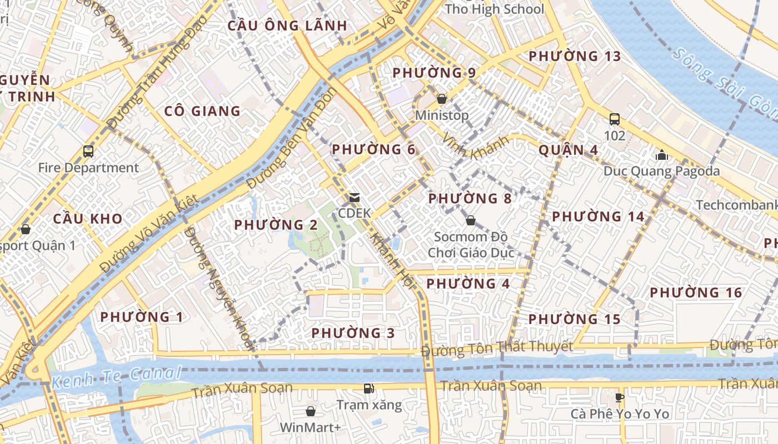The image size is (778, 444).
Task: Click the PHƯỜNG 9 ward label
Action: click(434, 73)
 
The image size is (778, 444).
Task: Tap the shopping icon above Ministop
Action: click(442, 99)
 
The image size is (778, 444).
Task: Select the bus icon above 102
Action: click(615, 119)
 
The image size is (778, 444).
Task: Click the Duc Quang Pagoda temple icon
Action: click(661, 154)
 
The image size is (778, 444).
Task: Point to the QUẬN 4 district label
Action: click(568, 150)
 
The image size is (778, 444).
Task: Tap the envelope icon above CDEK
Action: click(354, 197)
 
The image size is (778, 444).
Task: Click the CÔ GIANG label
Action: click(202, 111)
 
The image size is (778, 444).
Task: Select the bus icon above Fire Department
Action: click(88, 151)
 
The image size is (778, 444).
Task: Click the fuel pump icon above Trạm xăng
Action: click(368, 389)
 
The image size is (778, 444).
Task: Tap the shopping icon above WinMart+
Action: click(311, 411)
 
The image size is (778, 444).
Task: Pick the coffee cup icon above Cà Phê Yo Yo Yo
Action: click(620, 397)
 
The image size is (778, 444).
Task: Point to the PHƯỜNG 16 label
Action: click(696, 292)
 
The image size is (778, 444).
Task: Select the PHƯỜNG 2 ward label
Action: click(276, 225)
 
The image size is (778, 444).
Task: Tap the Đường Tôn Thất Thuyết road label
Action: click(497, 349)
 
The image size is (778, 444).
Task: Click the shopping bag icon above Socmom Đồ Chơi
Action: click(471, 220)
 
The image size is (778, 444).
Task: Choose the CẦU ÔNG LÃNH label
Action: click(287, 26)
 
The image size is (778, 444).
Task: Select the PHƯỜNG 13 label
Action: click(575, 56)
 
